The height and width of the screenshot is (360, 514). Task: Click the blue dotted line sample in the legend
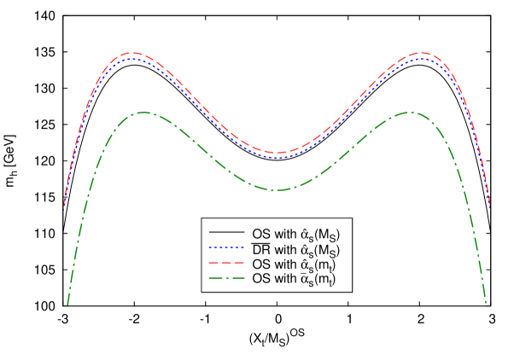tap(226, 247)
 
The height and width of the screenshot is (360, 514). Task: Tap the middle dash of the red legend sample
tap(226, 263)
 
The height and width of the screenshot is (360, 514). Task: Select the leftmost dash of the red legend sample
tap(213, 263)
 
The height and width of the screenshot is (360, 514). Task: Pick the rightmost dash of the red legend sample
tap(239, 263)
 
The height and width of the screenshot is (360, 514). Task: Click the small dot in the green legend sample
tap(226, 278)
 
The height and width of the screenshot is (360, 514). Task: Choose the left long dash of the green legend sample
tap(215, 278)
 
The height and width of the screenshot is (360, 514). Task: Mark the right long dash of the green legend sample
tap(237, 278)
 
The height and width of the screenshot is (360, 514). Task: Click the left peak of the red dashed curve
tap(131, 53)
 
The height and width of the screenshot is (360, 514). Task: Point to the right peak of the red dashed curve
tap(423, 53)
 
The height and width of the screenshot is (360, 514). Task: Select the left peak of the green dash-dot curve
tap(143, 112)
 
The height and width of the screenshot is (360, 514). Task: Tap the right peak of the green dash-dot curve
tap(410, 112)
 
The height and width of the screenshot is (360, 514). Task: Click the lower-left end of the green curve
tap(67, 304)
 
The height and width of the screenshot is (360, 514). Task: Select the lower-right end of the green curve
tap(486, 303)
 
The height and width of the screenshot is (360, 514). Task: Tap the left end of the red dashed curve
tap(64, 206)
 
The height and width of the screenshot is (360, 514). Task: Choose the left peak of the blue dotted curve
tap(131, 59)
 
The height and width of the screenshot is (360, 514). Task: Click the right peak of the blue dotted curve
tap(423, 59)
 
